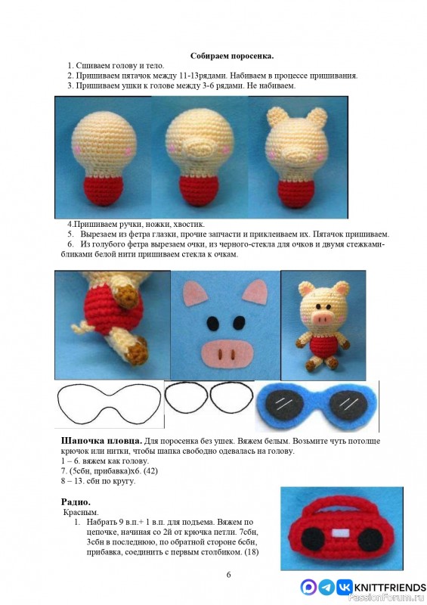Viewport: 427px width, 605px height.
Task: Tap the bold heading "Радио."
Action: click(76, 501)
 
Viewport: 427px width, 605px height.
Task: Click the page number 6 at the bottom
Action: click(228, 575)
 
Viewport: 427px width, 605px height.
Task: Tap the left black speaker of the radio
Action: click(311, 538)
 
